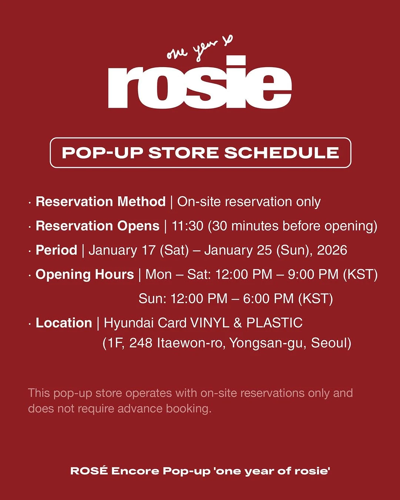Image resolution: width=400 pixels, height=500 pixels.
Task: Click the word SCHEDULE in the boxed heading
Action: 281,153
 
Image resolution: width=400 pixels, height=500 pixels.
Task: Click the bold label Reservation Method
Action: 100,202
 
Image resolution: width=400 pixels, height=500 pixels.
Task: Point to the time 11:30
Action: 187,226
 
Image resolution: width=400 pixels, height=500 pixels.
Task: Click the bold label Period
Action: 56,250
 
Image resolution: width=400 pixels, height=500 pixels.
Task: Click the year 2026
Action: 332,250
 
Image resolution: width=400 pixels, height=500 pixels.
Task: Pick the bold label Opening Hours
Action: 84,275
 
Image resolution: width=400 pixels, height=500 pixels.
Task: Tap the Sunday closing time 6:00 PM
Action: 268,298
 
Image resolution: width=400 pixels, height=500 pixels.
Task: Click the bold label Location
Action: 64,323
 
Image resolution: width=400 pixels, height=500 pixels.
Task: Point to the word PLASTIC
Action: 274,323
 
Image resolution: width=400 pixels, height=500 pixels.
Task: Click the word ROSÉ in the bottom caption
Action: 89,471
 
